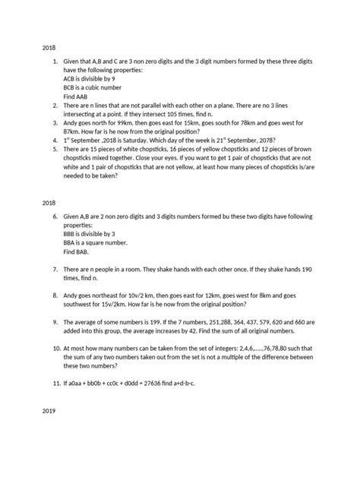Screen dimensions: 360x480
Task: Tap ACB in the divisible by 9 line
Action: coord(72,77)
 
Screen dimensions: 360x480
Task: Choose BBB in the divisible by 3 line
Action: coord(73,233)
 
